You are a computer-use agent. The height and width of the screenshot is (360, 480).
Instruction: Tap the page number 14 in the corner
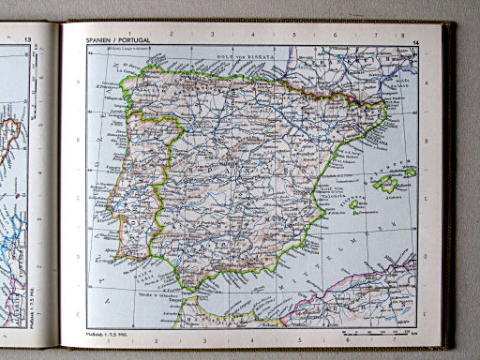click(x=415, y=43)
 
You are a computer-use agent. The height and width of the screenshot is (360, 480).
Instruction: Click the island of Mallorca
click(x=386, y=184)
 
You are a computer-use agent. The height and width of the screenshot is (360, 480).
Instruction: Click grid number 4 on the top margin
click(x=253, y=35)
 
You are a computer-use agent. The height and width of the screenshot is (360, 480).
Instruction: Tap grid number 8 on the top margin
click(x=377, y=35)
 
